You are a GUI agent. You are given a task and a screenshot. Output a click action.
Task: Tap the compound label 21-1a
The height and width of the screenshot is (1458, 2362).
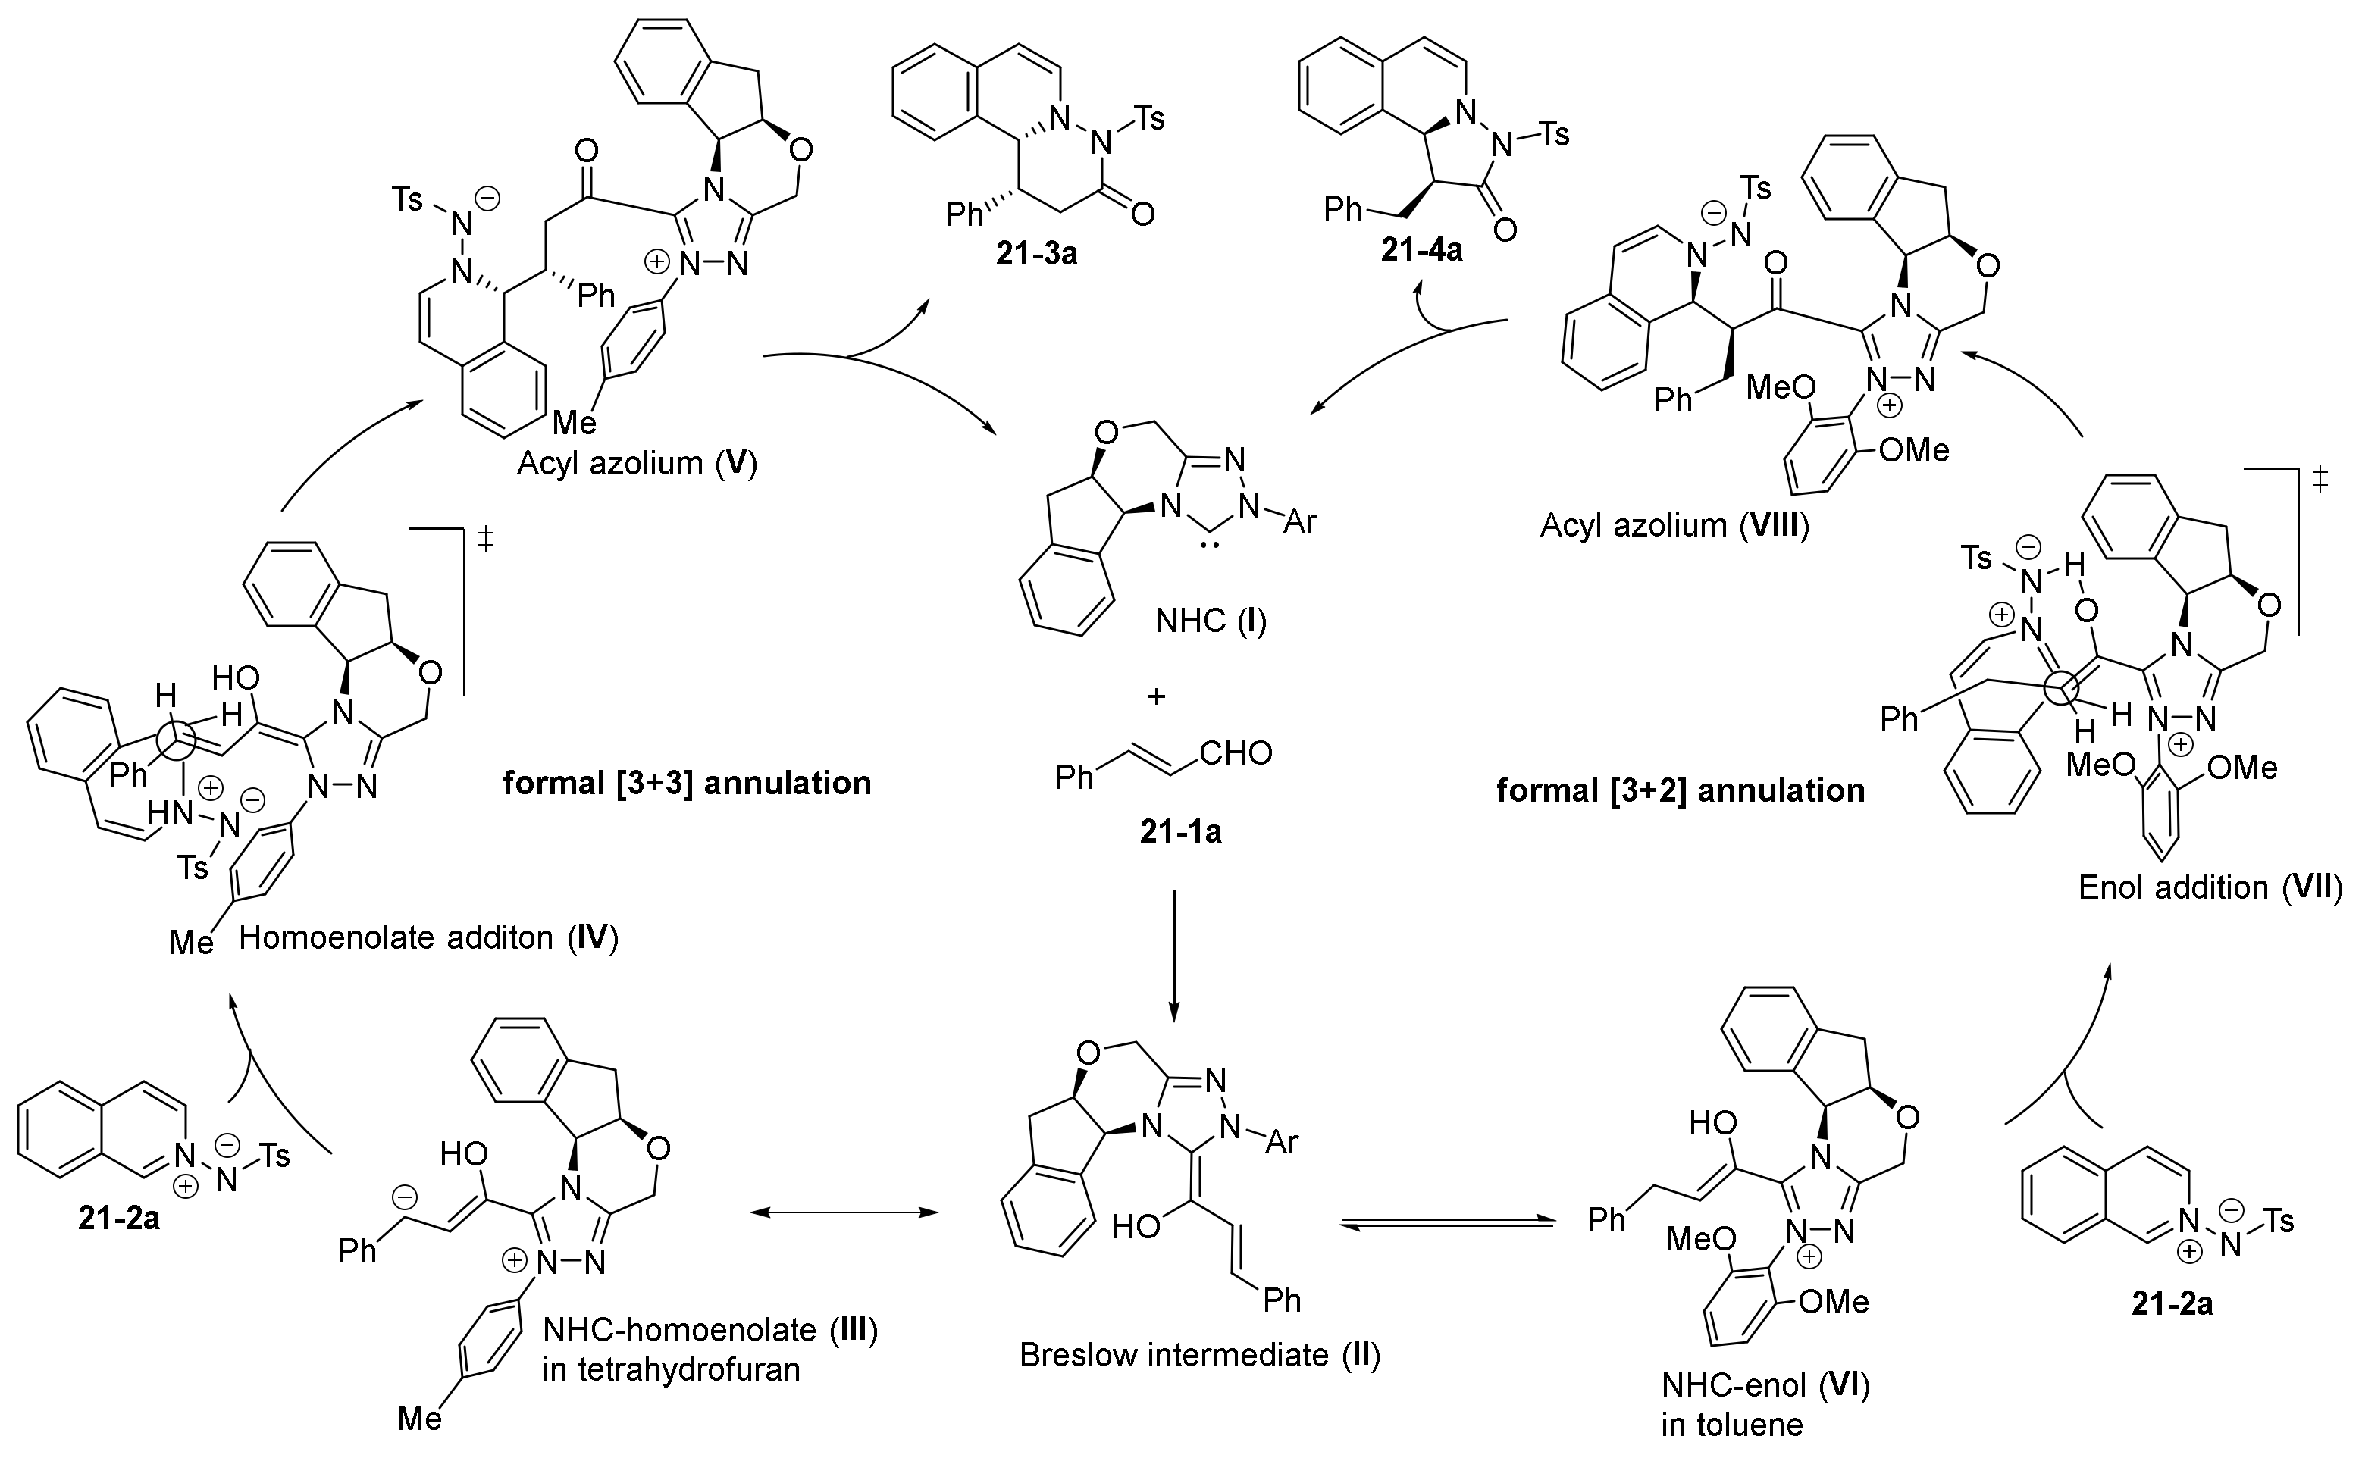click(1179, 831)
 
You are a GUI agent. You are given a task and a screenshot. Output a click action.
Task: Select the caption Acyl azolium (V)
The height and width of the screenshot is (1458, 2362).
click(637, 464)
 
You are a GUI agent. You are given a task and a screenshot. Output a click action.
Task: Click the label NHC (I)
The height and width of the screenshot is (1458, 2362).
click(1211, 620)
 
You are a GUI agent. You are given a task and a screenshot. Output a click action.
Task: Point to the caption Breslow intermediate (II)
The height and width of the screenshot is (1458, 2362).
click(1200, 1355)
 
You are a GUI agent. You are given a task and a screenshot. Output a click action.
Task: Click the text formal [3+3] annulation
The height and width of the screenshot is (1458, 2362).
click(687, 782)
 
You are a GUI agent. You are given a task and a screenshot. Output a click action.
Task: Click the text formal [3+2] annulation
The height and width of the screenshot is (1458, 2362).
click(1680, 790)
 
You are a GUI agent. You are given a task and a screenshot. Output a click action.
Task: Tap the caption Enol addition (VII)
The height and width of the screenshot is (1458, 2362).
click(2210, 887)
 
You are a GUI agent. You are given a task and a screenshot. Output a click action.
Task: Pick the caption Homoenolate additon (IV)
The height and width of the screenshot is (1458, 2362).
click(428, 937)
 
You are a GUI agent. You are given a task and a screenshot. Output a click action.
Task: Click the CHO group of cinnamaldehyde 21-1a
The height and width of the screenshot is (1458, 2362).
click(1236, 752)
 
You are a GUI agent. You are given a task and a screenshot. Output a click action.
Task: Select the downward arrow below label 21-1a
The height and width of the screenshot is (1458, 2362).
click(1173, 955)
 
